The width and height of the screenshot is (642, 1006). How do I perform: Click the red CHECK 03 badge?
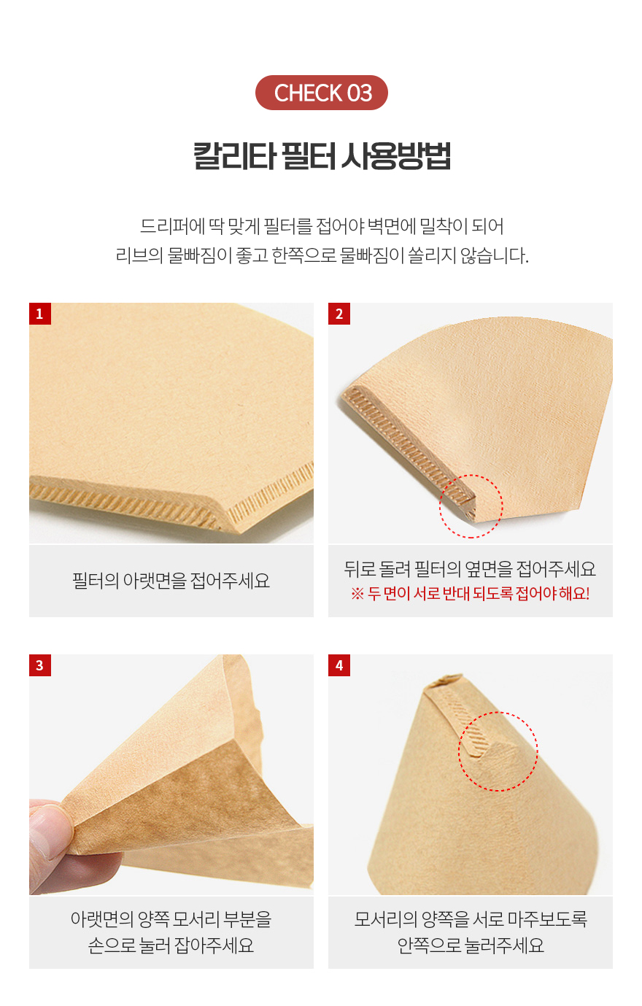click(321, 93)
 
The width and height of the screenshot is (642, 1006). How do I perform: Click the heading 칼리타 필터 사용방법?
click(322, 156)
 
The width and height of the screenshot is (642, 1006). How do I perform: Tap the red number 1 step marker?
click(40, 314)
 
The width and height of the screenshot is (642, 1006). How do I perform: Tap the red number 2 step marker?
click(339, 314)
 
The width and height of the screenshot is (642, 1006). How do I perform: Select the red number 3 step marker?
click(40, 665)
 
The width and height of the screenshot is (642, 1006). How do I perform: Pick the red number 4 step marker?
click(339, 665)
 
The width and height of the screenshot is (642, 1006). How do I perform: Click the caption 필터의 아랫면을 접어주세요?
click(171, 581)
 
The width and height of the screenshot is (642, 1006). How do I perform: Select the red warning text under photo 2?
click(470, 594)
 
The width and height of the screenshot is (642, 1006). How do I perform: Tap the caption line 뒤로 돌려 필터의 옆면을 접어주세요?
click(470, 569)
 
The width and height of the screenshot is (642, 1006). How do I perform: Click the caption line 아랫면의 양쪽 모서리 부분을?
click(171, 919)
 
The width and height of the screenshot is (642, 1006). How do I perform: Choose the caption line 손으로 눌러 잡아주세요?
click(171, 945)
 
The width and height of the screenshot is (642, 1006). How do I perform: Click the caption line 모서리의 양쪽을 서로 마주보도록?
click(471, 919)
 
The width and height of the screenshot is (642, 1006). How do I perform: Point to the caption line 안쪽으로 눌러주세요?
click(471, 945)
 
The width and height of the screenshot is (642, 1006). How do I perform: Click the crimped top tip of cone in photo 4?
click(445, 680)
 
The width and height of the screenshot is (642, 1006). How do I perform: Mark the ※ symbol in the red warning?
click(357, 594)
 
